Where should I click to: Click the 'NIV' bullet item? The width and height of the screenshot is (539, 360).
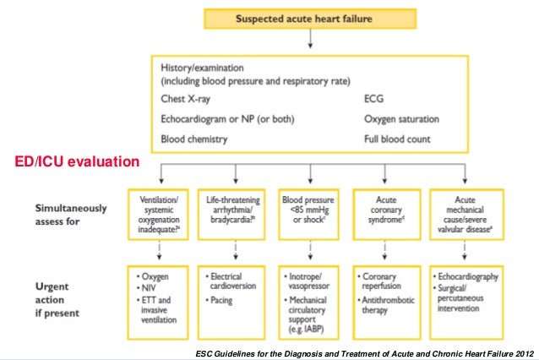pos(152,287)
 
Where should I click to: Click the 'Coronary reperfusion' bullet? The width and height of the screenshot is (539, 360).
pos(387,281)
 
